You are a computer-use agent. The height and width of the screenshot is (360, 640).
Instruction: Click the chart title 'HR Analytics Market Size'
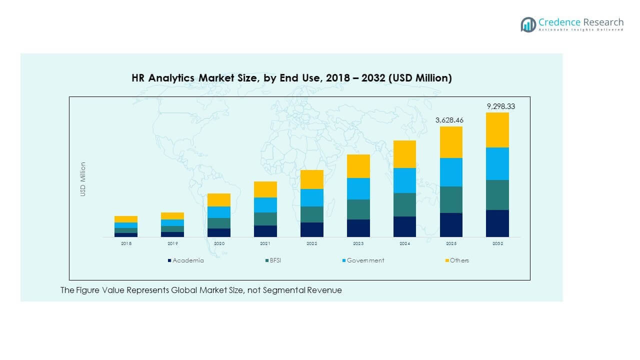click(291, 78)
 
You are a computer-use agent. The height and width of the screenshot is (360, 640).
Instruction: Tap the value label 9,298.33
click(497, 106)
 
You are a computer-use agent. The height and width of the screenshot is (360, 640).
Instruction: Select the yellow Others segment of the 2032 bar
click(497, 130)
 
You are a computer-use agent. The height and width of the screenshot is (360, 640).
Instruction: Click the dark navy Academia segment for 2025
click(451, 225)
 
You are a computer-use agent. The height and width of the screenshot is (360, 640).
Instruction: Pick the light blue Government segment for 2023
click(358, 188)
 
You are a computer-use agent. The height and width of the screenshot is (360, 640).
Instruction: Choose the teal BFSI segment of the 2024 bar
click(404, 204)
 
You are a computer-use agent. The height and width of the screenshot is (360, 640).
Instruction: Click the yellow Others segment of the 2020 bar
click(219, 200)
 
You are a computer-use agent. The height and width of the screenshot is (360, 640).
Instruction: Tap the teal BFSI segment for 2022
click(311, 214)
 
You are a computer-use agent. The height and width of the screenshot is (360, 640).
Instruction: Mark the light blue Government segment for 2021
click(265, 205)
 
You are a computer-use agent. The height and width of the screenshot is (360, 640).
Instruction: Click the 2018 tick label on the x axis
click(126, 243)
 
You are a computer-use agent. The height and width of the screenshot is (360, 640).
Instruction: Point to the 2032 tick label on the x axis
click(497, 243)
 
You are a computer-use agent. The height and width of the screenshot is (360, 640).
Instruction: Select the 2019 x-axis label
click(172, 243)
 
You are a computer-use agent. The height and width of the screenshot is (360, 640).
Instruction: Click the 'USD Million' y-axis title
click(83, 179)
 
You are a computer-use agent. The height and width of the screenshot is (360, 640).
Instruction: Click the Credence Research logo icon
click(528, 24)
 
